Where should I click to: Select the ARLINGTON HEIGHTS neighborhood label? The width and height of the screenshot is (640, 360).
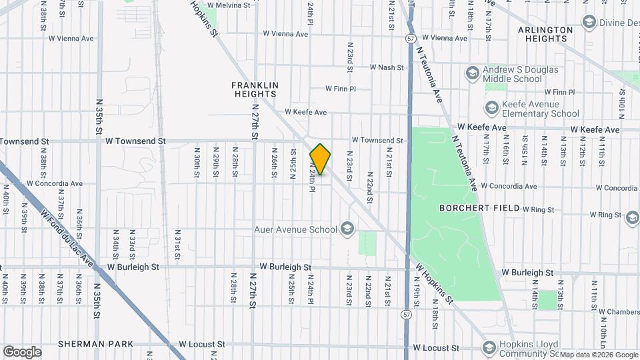tap(545, 35)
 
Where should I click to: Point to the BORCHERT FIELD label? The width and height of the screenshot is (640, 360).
tap(479, 208)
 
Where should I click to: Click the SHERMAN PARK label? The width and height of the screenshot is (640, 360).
tap(88, 344)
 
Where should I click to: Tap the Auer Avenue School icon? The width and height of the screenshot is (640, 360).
tap(347, 229)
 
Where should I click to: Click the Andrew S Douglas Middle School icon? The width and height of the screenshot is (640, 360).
tap(473, 73)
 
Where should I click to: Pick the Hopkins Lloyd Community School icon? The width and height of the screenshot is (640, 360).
tap(489, 348)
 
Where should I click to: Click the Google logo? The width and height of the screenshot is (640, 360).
tap(22, 352)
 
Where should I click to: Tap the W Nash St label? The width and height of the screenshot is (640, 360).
tap(387, 67)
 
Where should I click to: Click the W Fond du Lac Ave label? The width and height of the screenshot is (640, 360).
tap(67, 238)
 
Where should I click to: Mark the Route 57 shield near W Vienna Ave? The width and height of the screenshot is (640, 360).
tap(411, 39)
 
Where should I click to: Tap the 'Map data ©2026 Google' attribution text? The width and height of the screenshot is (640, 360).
tap(599, 355)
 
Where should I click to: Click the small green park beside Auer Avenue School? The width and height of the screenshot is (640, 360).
tap(367, 243)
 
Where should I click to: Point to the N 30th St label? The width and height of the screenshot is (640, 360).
tap(197, 162)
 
